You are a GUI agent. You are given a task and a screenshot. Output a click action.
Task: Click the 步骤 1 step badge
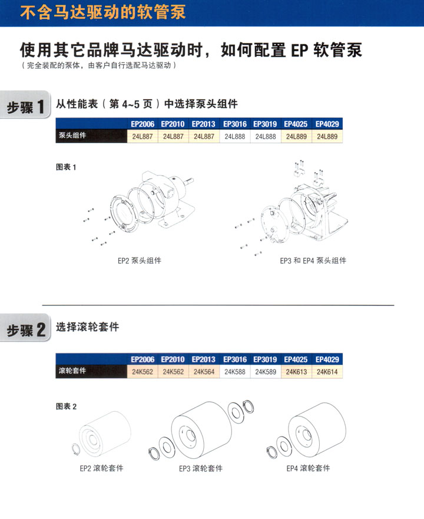click(25, 105)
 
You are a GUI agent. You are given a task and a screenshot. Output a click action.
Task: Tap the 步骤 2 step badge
click(25, 328)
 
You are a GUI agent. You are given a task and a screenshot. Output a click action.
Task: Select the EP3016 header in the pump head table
click(235, 124)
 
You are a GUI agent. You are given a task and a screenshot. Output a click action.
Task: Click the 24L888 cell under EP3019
click(266, 136)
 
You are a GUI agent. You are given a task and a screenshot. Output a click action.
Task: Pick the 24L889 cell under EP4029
click(327, 136)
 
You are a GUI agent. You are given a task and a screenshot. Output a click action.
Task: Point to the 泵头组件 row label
click(72, 135)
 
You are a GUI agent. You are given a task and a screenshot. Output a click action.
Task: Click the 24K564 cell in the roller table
click(204, 372)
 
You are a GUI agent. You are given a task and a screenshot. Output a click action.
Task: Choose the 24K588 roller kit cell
click(235, 372)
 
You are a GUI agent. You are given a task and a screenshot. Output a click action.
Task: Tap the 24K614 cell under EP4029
click(327, 372)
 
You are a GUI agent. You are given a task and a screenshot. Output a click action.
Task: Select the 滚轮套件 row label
click(72, 371)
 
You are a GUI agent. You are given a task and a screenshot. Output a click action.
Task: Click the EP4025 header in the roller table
click(296, 359)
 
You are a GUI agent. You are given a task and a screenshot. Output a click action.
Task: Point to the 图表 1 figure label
click(66, 167)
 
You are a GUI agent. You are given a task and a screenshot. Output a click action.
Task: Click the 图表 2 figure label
click(66, 406)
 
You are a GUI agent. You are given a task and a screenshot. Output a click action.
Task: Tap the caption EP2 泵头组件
click(140, 261)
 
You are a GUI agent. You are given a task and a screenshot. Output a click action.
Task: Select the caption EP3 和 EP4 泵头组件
click(313, 261)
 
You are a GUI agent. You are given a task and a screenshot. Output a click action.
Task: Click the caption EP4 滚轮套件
click(308, 468)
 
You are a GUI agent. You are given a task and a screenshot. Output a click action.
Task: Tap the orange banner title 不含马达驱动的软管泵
click(102, 12)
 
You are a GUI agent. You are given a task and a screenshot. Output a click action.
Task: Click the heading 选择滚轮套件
click(87, 327)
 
